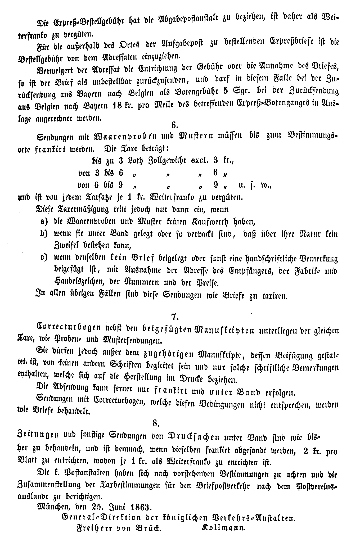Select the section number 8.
(156, 424)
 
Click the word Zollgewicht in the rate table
(166, 160)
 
